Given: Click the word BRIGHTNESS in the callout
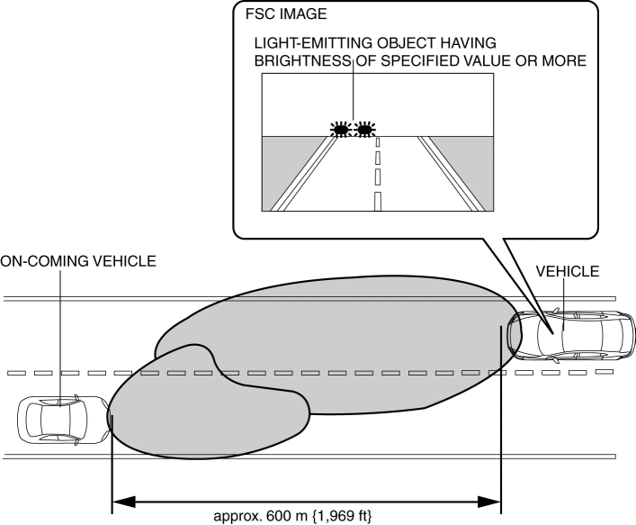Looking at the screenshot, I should pos(297,60).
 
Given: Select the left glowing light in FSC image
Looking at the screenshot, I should pos(340,129).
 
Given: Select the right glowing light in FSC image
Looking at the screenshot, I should pos(363,129).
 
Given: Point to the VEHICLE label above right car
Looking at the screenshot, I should pos(567,272).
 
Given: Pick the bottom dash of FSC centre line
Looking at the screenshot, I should pos(378,200).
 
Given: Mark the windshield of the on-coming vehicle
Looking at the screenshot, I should pos(80,418).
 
